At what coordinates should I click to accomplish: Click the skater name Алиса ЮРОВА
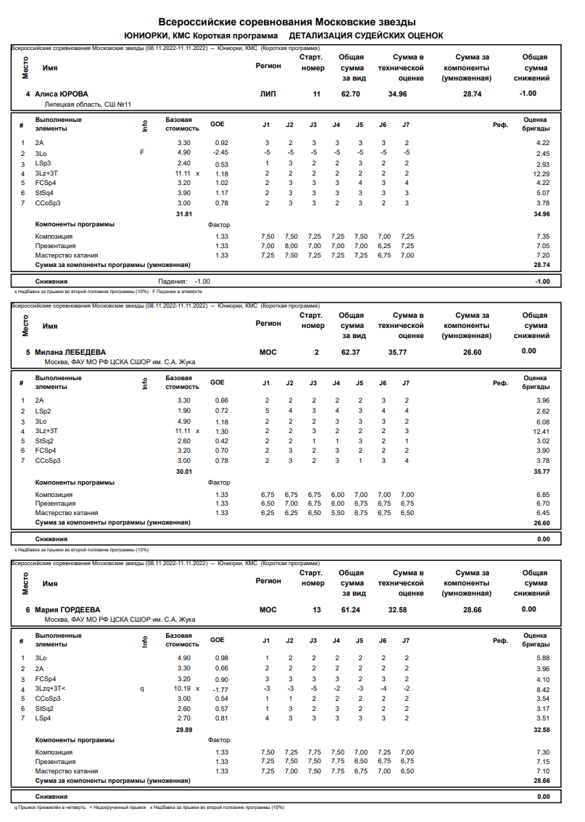[x=62, y=94]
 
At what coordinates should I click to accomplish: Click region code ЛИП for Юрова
[x=267, y=94]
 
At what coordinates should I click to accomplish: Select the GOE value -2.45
[x=220, y=153]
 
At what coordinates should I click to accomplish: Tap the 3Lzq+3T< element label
[x=51, y=688]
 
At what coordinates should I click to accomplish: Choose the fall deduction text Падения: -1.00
[x=184, y=281]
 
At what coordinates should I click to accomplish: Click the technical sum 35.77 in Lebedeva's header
[x=397, y=352]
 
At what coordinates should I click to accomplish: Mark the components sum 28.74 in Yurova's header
[x=472, y=94]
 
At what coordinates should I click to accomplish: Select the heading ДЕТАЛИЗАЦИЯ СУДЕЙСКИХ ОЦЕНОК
[x=366, y=36]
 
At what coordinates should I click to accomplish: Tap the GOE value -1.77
[x=220, y=689]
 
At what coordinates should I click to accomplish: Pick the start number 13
[x=316, y=609]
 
